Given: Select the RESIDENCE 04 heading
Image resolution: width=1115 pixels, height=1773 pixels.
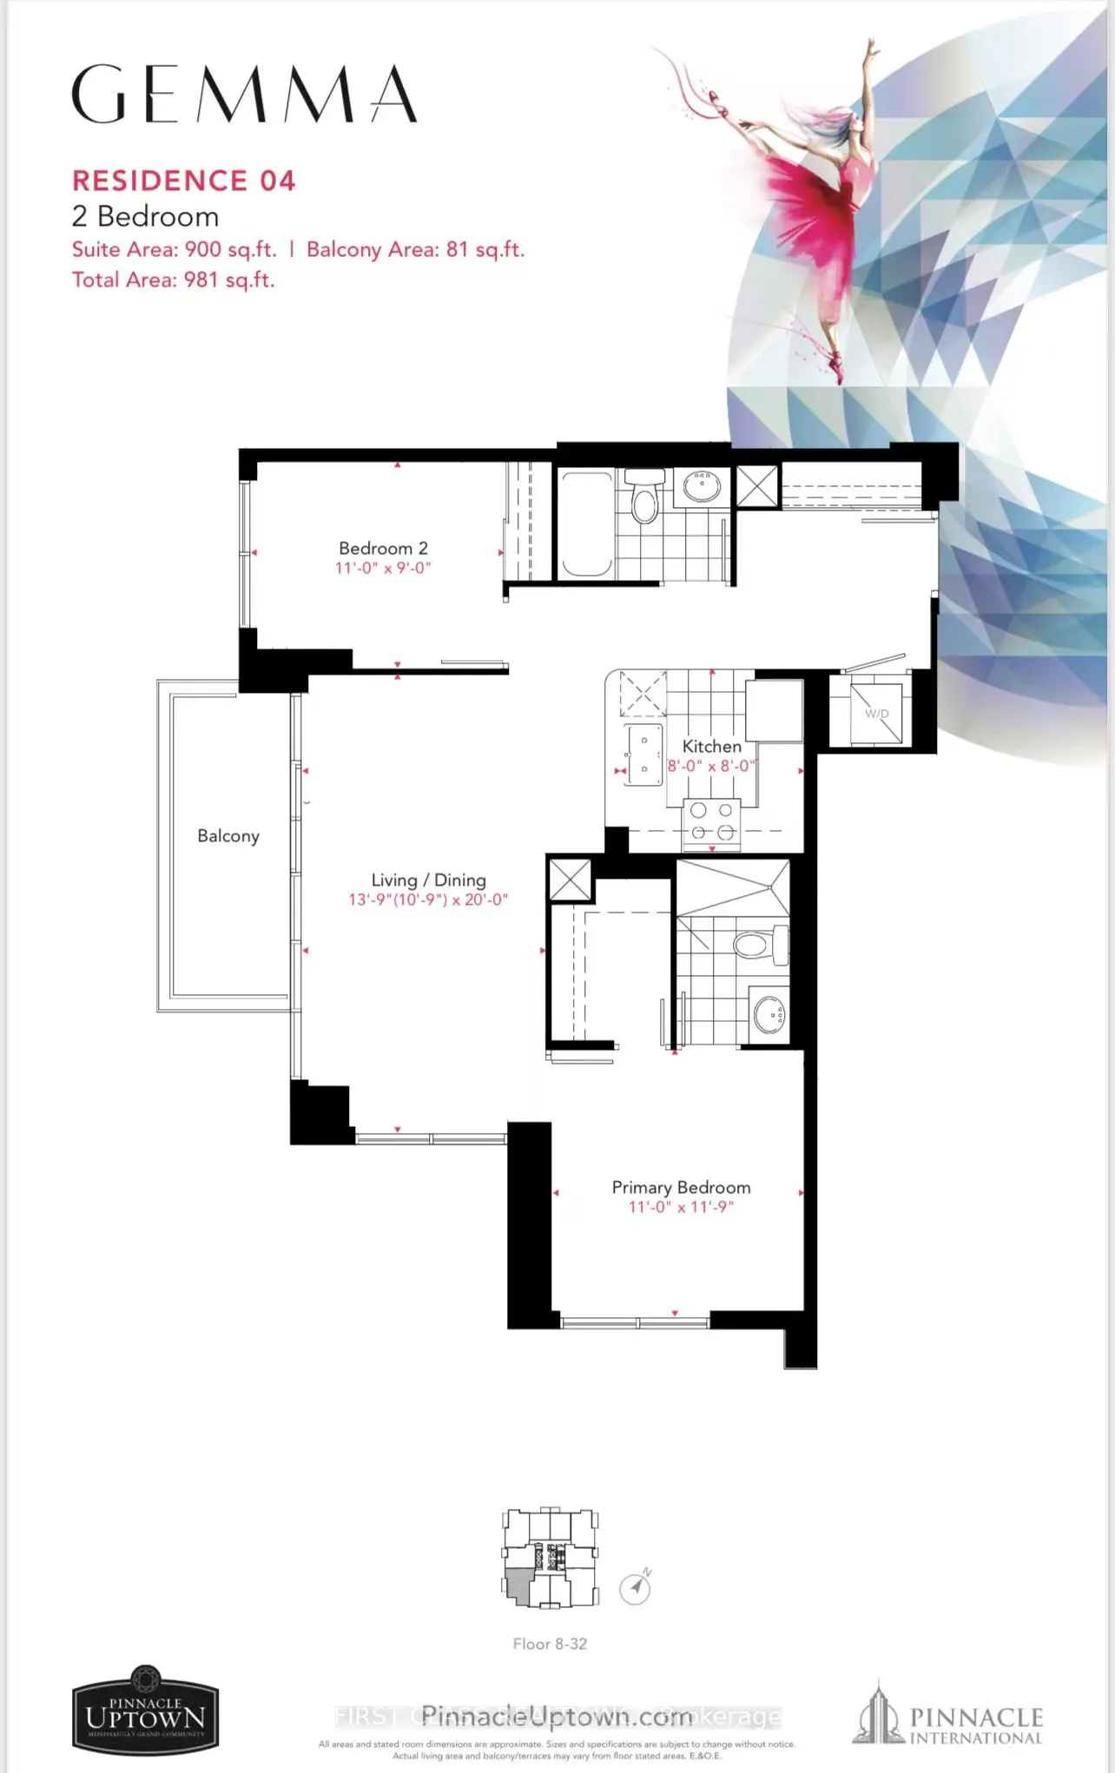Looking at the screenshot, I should pyautogui.click(x=184, y=181).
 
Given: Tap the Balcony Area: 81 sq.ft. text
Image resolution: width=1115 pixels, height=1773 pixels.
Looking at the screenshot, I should pyautogui.click(x=415, y=250).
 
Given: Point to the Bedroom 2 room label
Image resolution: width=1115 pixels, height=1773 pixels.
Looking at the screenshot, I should pyautogui.click(x=383, y=548).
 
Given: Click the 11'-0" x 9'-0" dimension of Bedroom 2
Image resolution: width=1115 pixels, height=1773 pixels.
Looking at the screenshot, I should pyautogui.click(x=383, y=568).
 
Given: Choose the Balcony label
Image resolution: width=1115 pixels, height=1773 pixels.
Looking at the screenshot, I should pyautogui.click(x=228, y=835).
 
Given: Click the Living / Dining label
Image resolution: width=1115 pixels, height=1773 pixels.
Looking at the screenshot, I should pyautogui.click(x=428, y=880).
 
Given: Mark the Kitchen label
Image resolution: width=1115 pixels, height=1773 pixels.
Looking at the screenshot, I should pyautogui.click(x=711, y=746).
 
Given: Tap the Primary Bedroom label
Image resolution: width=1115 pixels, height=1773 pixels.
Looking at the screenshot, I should pyautogui.click(x=681, y=1187).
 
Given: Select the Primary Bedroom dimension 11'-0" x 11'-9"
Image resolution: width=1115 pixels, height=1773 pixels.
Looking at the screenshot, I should pyautogui.click(x=681, y=1207).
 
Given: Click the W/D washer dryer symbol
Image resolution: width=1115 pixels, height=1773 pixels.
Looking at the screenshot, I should pyautogui.click(x=876, y=713).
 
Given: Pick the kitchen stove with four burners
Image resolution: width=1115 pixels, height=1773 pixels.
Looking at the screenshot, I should pyautogui.click(x=711, y=821).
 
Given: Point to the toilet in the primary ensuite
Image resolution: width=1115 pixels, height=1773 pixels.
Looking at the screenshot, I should pyautogui.click(x=760, y=944).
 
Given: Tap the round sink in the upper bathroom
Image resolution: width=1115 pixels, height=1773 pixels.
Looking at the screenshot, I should pyautogui.click(x=702, y=487).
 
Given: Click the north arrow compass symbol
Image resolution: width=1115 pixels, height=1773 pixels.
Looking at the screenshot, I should pyautogui.click(x=636, y=1588).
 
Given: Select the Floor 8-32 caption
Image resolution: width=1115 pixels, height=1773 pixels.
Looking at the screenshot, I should pyautogui.click(x=550, y=1644).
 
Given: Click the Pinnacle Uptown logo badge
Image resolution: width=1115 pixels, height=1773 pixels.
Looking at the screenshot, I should pyautogui.click(x=145, y=1709).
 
